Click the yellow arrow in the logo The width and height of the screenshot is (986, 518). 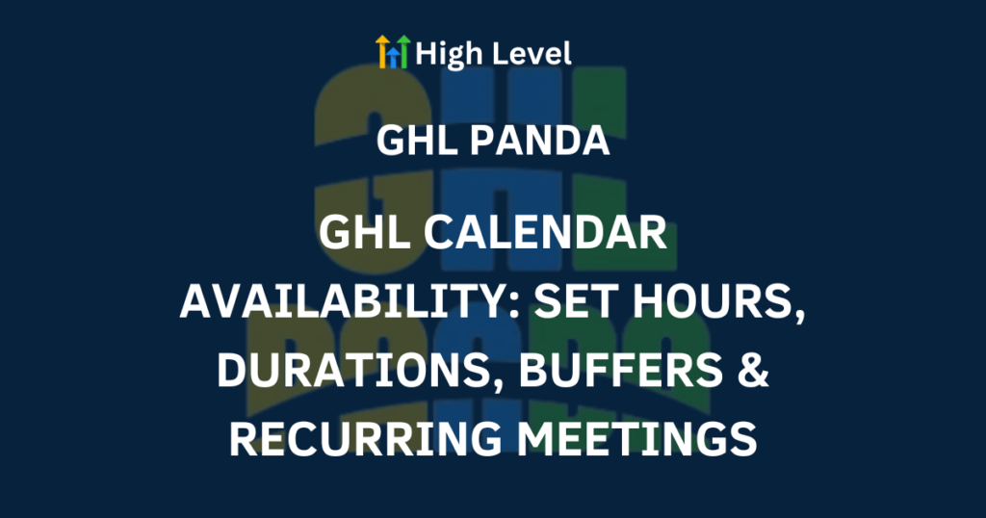(x=382, y=51)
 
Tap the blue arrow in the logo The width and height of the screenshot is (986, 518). (x=393, y=58)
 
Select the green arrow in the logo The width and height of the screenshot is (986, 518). (x=403, y=51)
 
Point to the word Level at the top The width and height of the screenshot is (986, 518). (x=532, y=53)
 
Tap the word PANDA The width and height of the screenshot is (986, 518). (x=540, y=141)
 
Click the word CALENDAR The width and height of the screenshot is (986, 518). (x=545, y=233)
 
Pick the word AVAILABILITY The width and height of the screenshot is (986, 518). (x=348, y=301)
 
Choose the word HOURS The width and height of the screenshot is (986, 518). (x=712, y=301)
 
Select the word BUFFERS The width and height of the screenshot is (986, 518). (x=621, y=370)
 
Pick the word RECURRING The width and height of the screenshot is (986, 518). (x=365, y=438)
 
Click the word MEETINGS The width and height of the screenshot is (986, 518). (x=636, y=438)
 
